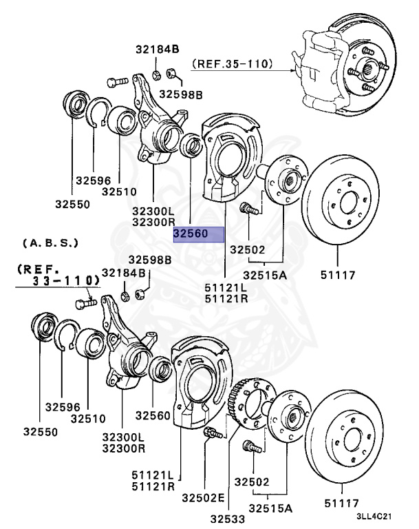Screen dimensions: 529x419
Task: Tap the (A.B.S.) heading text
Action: pyautogui.click(x=50, y=244)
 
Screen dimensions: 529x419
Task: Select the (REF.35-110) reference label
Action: pyautogui.click(x=232, y=65)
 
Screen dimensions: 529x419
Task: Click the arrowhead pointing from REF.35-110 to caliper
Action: pyautogui.click(x=296, y=67)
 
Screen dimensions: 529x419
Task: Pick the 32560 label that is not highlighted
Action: pyautogui.click(x=152, y=415)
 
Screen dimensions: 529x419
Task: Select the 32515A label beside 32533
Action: pyautogui.click(x=270, y=508)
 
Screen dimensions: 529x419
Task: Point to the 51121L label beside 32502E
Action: pyautogui.click(x=155, y=475)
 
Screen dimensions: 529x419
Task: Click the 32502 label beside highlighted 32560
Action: pyautogui.click(x=248, y=250)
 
